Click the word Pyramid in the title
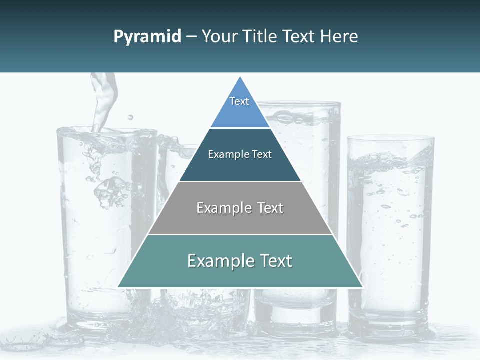pos(147,37)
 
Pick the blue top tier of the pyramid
pos(240,112)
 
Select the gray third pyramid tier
pos(240,220)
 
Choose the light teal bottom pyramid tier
pos(240,272)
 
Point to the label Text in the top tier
pos(239,101)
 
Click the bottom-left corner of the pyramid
pos(118,287)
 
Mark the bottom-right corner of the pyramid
pos(362,287)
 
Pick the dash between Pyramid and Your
pos(191,37)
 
